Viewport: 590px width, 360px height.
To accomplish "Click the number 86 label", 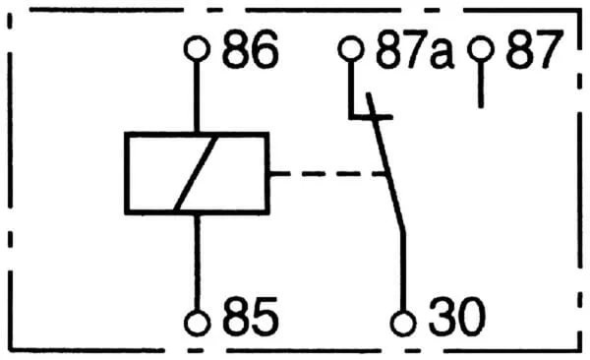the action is point(250,49).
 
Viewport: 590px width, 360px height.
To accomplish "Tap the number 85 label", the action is point(250,317).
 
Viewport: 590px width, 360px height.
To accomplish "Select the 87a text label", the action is point(415,49).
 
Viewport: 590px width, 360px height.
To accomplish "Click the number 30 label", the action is point(456,317).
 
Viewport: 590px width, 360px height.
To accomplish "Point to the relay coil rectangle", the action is point(197,135).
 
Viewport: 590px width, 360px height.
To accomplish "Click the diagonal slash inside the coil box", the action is point(196,173).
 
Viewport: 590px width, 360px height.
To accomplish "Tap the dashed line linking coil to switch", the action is point(327,173).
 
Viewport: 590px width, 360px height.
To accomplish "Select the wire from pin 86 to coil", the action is point(197,96).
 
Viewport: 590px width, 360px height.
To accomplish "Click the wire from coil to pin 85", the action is point(197,263).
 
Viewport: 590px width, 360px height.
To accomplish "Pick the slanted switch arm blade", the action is point(385,162).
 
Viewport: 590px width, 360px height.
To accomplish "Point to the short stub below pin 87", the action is point(481,86).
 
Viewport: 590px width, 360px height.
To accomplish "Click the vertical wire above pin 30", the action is point(403,271).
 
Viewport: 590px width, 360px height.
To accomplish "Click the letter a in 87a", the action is point(442,55).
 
